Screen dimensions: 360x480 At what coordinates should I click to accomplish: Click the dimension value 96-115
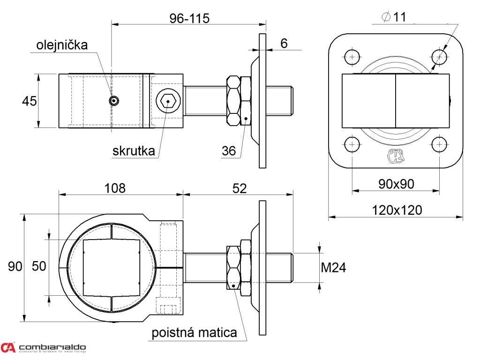pos(189,18)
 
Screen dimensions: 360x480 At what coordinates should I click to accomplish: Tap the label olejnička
pos(62,45)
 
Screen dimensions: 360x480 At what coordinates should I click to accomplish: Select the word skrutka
pos(134,151)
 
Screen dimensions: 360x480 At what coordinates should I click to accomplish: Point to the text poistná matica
pos(194,333)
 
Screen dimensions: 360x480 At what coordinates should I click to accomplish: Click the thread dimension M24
pos(333,268)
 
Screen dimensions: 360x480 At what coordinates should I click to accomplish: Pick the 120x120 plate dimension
pos(397,210)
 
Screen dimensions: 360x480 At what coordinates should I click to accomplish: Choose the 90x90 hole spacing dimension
pos(396,184)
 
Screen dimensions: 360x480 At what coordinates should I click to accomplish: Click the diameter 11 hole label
pos(394,17)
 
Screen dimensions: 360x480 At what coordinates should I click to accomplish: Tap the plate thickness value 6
pos(284,44)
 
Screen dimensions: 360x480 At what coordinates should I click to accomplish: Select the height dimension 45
pos(30,101)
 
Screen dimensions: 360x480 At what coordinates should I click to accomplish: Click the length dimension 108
pos(115,188)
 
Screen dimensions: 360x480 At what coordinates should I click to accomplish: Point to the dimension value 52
pos(240,188)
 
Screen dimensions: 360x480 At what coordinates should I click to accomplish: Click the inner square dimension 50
pos(39,266)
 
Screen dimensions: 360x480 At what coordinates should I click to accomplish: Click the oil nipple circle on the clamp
pos(113,100)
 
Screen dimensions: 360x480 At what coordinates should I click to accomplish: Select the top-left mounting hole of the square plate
pos(352,57)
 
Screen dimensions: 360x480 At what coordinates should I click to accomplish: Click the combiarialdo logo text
pos(52,347)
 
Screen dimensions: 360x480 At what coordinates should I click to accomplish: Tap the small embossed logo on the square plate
pos(395,156)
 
